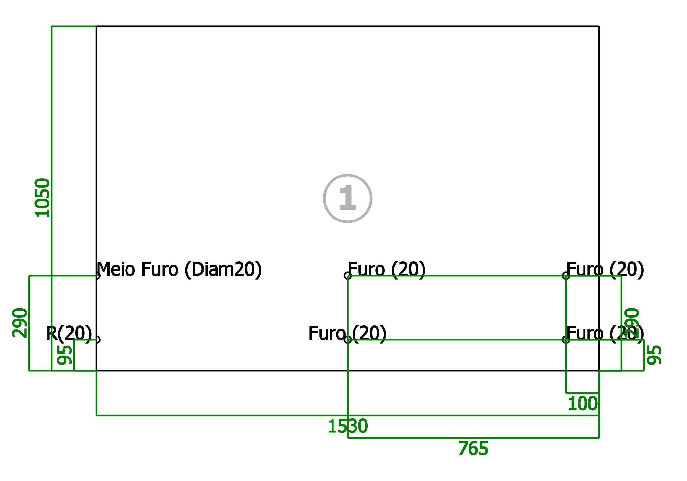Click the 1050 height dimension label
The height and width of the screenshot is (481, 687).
(x=43, y=198)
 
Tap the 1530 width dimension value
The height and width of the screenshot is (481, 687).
(x=348, y=426)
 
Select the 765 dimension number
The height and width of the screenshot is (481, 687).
(x=473, y=449)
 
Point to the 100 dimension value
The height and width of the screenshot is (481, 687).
(x=583, y=404)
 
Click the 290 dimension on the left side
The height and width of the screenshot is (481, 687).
(x=20, y=323)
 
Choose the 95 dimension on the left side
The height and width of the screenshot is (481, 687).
(x=65, y=355)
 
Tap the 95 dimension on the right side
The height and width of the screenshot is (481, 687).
(x=654, y=355)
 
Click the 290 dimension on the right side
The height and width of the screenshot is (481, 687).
(x=632, y=323)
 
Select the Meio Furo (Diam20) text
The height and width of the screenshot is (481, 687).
(x=179, y=270)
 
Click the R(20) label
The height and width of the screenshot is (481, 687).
(x=69, y=334)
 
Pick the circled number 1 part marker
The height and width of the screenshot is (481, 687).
(x=348, y=199)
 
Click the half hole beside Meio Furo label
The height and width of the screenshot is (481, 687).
(x=100, y=276)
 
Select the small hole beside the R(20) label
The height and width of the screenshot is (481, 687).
(x=100, y=340)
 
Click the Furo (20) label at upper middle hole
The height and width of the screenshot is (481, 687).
(x=387, y=270)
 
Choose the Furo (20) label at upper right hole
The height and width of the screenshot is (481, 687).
(x=605, y=270)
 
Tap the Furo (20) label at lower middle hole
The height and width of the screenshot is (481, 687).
(x=347, y=334)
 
